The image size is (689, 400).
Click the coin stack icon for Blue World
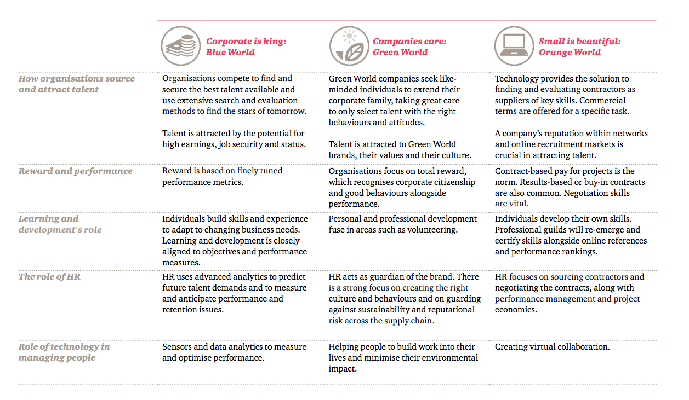point(181,46)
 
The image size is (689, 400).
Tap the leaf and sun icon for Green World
point(349,46)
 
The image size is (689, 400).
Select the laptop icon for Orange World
point(514,46)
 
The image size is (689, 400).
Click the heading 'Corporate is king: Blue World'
point(246,47)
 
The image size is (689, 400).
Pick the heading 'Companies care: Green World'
point(409,47)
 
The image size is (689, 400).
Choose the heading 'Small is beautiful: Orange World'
point(579,47)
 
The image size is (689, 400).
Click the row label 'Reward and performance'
point(75,171)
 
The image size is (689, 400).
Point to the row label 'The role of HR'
point(49,276)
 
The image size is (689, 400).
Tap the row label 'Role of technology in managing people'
point(64,352)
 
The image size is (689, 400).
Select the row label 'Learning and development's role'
point(60,224)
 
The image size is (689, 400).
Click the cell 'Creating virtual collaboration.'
point(552,347)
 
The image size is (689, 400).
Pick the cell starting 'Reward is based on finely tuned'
point(222,177)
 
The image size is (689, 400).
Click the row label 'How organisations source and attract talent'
point(77,84)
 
